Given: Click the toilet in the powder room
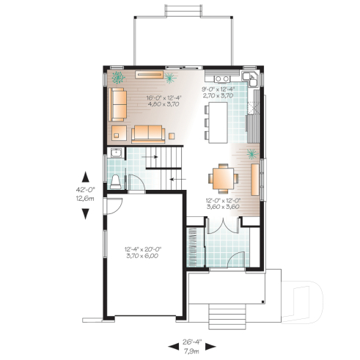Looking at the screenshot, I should [117, 180].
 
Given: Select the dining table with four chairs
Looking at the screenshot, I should [222, 178].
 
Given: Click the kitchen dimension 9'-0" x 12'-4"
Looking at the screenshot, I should [217, 92].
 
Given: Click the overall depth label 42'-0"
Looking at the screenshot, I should [86, 190].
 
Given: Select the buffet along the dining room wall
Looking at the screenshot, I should [255, 180].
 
